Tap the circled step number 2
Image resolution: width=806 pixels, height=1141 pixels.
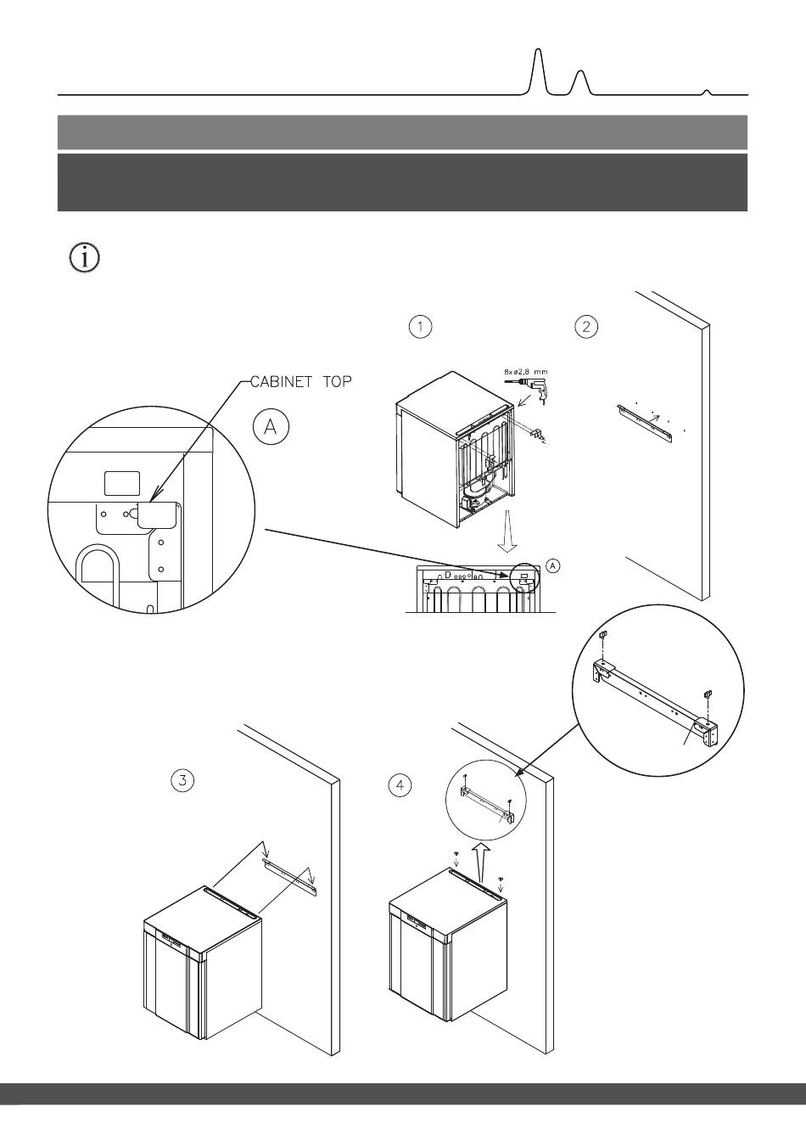[586, 327]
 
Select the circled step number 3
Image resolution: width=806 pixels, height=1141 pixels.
[183, 780]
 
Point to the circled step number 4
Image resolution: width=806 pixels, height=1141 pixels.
[400, 785]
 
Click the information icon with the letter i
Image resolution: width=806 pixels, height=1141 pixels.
[83, 258]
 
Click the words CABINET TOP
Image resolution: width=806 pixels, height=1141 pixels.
[301, 383]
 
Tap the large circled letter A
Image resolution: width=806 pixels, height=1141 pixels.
[271, 427]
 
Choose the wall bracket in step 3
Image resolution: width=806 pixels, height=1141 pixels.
[288, 875]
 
